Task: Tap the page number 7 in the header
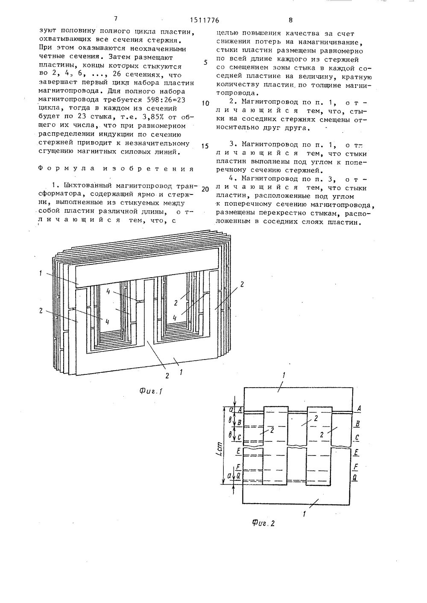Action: pos(116,18)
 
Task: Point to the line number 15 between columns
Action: pos(205,146)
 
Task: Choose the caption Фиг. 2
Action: pos(262,523)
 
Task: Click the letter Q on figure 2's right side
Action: pos(355,478)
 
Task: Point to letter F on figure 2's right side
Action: pos(355,467)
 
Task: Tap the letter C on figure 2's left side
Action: pos(239,438)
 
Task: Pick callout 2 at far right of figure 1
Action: pos(242,284)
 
